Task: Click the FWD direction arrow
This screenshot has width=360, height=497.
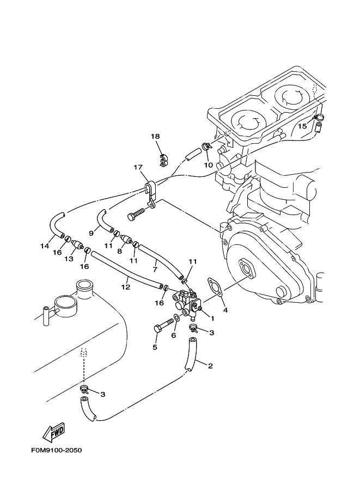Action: (54, 432)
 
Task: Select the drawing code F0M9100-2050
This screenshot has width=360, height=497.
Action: (57, 450)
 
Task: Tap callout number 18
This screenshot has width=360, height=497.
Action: (155, 137)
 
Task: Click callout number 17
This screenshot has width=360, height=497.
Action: (138, 167)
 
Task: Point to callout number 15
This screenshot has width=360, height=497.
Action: (303, 126)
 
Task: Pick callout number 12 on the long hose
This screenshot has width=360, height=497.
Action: (126, 287)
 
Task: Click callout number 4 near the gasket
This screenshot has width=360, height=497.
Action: (225, 310)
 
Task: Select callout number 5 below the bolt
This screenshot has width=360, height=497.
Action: (155, 347)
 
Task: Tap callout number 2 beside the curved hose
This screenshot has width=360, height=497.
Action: (210, 366)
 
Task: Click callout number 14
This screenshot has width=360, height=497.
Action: (45, 246)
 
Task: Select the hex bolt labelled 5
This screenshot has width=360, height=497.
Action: (164, 326)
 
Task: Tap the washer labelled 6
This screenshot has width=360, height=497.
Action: (177, 317)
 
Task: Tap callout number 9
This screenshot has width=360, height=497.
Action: (91, 233)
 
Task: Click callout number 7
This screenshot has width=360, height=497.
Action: (155, 269)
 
